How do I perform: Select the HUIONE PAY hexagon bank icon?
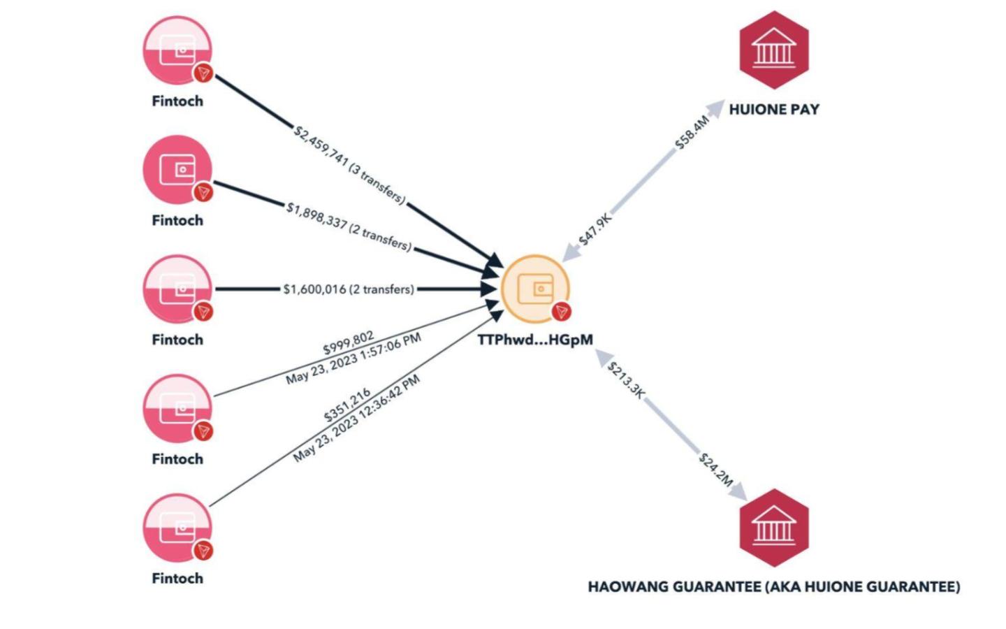pos(773,50)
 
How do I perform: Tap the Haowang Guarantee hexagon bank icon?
pos(773,528)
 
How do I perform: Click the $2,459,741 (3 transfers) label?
pos(349,165)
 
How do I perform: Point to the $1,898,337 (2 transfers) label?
pos(349,226)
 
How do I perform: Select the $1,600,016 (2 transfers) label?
pos(349,289)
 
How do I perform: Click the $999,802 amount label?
pos(348,342)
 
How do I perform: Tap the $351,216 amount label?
pos(347,406)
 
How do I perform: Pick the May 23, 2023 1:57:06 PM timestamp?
pos(353,359)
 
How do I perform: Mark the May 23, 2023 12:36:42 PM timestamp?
pos(357,418)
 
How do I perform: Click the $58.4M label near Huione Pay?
pos(692,132)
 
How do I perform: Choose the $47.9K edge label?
pos(595,229)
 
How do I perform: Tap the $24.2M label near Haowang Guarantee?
pos(716,469)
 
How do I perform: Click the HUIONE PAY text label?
pos(773,110)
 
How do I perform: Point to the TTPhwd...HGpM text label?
pos(535,340)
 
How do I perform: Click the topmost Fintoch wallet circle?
pos(177,50)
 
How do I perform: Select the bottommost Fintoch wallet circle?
pos(177,528)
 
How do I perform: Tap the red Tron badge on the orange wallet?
pos(561,312)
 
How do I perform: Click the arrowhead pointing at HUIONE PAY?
pos(716,107)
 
